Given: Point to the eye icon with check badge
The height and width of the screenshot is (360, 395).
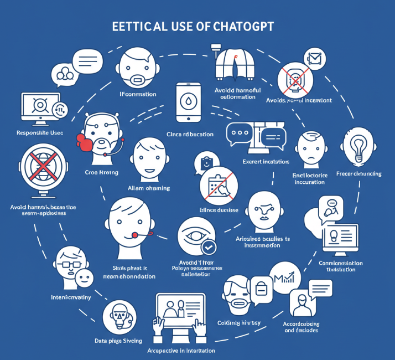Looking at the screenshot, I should pyautogui.click(x=195, y=236).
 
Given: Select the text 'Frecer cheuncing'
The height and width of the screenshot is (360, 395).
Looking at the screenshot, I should pyautogui.click(x=358, y=174).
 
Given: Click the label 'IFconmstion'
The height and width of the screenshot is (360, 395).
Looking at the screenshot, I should pyautogui.click(x=138, y=94).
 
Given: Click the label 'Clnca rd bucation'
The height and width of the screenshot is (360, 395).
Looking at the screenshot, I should pyautogui.click(x=190, y=134).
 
